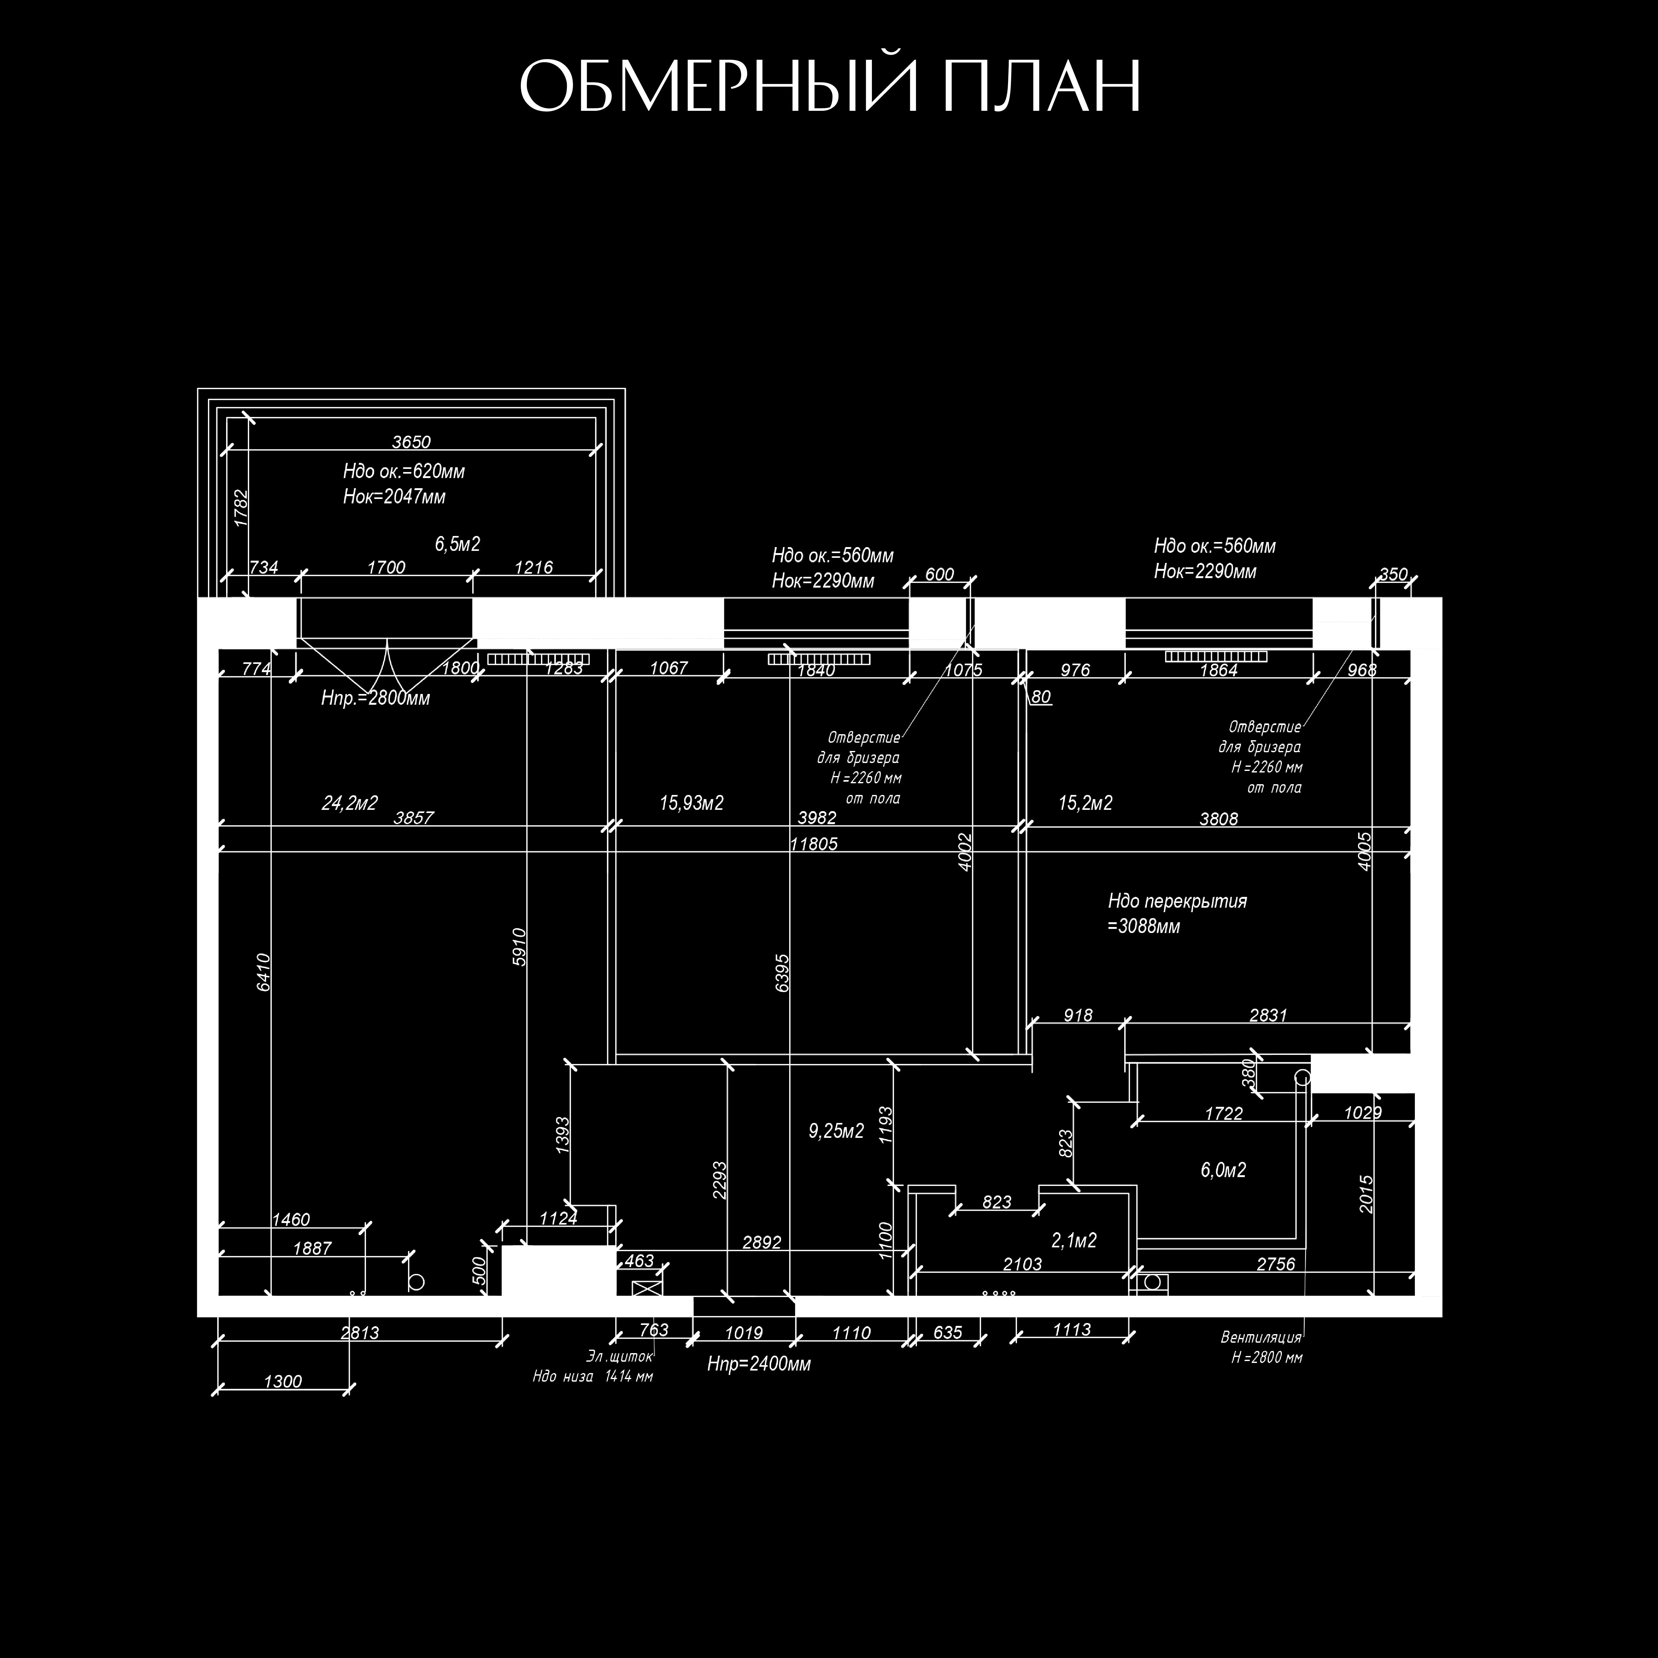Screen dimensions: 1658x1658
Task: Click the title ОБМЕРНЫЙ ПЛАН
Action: pos(829,86)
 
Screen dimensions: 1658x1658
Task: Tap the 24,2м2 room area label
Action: pos(349,803)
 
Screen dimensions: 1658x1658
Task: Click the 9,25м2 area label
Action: pos(836,1131)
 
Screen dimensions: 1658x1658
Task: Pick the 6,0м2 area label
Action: pos(1223,1170)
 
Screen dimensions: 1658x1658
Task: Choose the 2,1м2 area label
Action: pos(1074,1240)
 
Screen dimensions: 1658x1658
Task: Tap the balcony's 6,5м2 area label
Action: pos(457,544)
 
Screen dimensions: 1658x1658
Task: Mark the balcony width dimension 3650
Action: pos(411,442)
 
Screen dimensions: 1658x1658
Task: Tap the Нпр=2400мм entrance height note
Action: pos(759,1364)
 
